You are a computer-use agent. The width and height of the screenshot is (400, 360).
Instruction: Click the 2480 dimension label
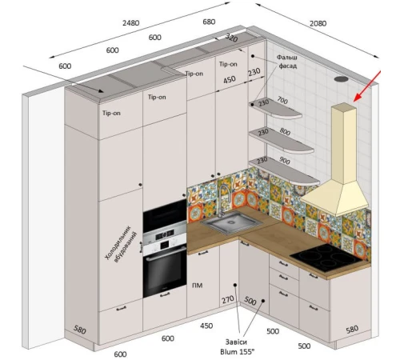click(131, 23)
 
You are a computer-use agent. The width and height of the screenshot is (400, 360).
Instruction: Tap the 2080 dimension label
click(318, 23)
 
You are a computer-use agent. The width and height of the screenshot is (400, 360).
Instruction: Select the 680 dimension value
click(209, 22)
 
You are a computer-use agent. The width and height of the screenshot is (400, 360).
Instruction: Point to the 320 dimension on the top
click(231, 38)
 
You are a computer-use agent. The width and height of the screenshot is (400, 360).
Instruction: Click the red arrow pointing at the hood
click(367, 86)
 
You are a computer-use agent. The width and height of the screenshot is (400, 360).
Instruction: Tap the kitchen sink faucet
click(223, 200)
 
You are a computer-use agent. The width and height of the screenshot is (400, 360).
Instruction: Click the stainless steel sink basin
click(231, 222)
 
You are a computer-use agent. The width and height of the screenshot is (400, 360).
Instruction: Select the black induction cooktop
click(330, 258)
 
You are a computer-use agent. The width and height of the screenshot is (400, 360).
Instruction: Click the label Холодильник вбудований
click(121, 244)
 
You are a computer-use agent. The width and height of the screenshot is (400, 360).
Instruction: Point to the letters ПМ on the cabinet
click(198, 286)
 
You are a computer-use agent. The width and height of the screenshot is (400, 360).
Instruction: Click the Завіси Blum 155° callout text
click(237, 346)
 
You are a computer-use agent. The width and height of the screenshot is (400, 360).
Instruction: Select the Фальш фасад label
click(287, 62)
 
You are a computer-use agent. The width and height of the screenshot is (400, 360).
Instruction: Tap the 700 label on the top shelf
click(282, 100)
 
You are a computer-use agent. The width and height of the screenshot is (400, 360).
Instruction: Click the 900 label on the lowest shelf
click(285, 161)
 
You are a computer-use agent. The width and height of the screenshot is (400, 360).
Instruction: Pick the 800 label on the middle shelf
click(285, 131)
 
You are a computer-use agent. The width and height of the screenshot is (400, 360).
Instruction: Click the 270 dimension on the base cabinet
click(228, 300)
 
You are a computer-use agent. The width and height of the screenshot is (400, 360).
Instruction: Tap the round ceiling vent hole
click(342, 79)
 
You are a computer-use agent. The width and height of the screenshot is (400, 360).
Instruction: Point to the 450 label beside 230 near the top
click(230, 79)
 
